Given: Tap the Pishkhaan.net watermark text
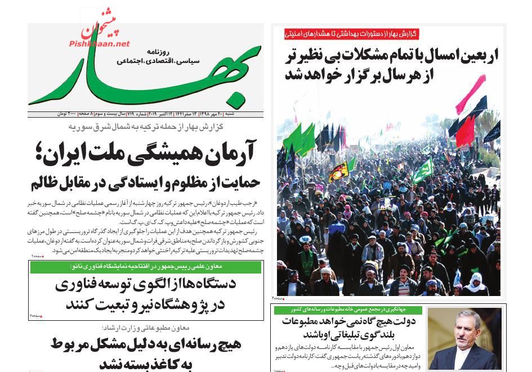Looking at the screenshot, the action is pos(100,43).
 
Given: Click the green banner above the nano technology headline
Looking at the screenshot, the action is pos(145,267).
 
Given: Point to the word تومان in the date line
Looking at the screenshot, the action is pos(62,113).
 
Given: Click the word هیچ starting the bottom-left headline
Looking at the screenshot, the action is pos(227,344).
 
